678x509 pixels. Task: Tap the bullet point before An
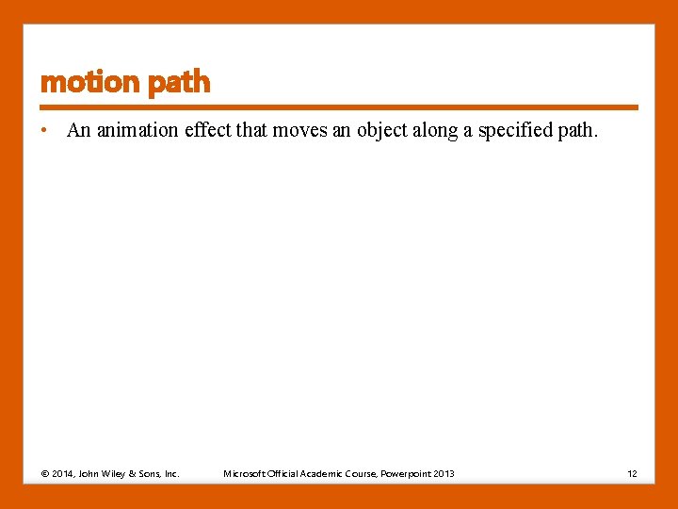click(x=45, y=131)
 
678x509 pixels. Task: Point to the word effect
click(x=207, y=131)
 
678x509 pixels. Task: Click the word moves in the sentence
click(x=299, y=131)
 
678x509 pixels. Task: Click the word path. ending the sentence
click(x=578, y=131)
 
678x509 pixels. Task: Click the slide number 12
click(x=633, y=473)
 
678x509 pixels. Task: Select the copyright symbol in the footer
click(x=45, y=473)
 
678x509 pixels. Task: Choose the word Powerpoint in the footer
click(x=405, y=473)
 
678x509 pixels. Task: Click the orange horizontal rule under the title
click(x=339, y=107)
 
